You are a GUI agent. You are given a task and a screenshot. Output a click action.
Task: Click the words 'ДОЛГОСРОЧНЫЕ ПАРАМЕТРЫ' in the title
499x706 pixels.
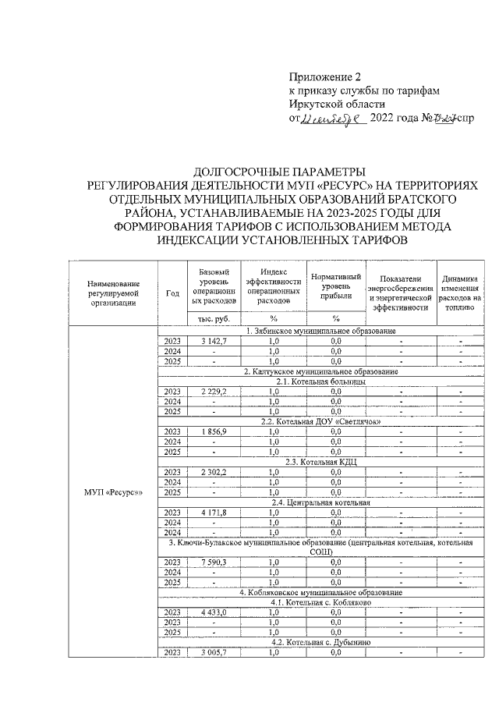click(x=278, y=172)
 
